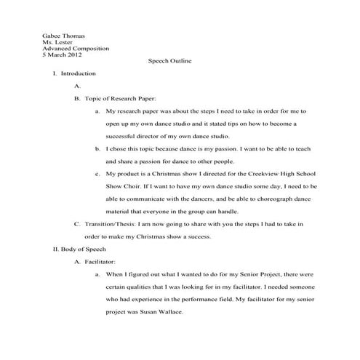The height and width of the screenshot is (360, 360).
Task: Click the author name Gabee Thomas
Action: point(63,35)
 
